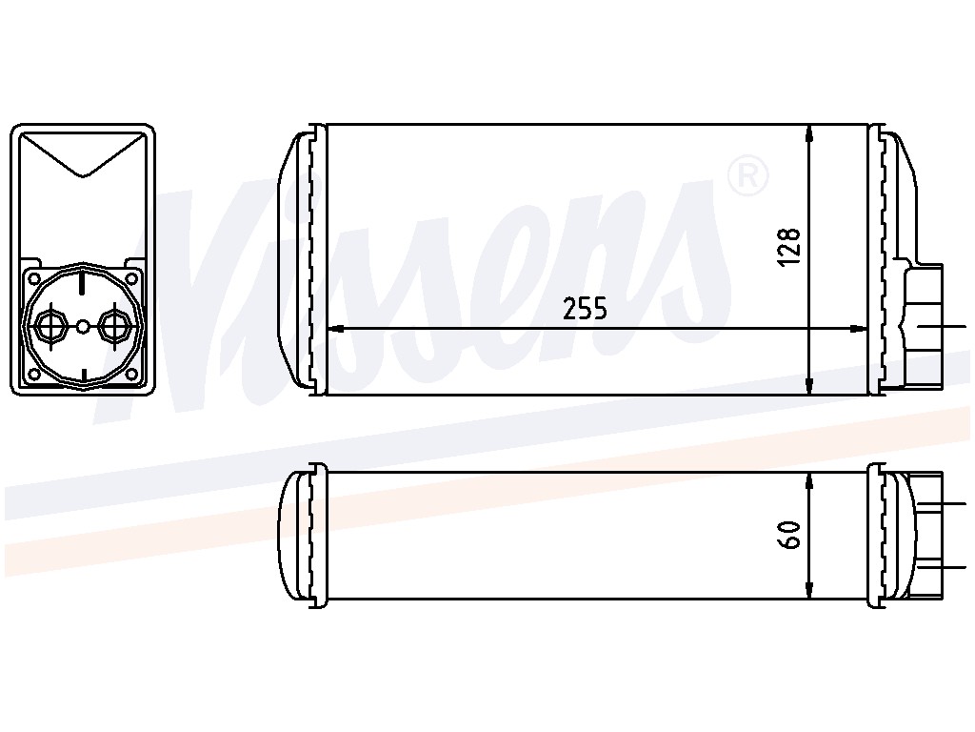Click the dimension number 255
(x=585, y=308)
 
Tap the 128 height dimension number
(x=789, y=248)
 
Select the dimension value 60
(x=789, y=535)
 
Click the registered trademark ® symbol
(x=747, y=176)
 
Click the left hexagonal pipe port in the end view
(x=50, y=325)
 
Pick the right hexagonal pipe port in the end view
(x=114, y=325)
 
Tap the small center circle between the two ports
(x=83, y=326)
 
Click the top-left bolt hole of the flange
(x=35, y=278)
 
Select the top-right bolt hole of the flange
(x=130, y=278)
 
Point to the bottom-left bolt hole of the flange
(x=35, y=374)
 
